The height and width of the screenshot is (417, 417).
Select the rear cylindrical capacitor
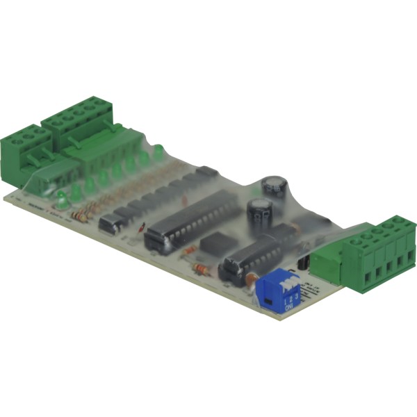pos(275,186)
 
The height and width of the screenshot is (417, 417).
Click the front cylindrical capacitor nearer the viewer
pos(259,213)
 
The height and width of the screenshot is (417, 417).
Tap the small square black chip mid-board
pos(214,243)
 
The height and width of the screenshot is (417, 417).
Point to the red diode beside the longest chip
pos(141,226)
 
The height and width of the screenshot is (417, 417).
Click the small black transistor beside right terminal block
pos(304,263)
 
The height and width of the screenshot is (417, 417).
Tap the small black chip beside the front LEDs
pos(111,223)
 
